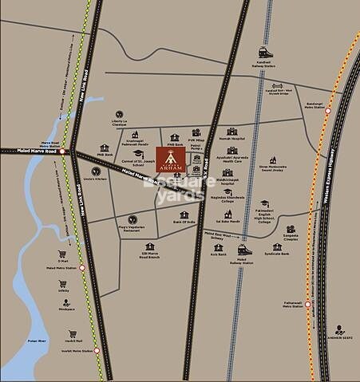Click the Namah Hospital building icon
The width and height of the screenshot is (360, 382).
click(x=232, y=132)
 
